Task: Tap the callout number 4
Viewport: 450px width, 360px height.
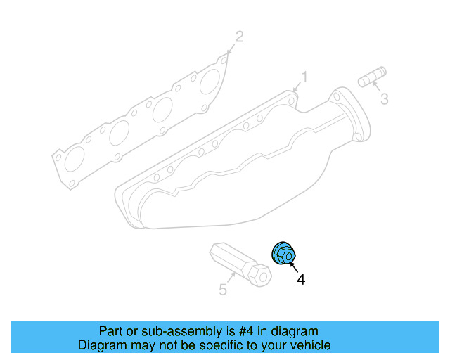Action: point(301,279)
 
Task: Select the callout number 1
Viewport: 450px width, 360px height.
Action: point(304,76)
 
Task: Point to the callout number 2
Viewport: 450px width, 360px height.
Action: point(239,37)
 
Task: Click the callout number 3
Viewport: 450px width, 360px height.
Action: point(384,99)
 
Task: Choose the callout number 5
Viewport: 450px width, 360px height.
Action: point(222,289)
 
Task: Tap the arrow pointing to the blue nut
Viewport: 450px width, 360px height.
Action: point(292,266)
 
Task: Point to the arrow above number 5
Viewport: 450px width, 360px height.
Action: point(229,278)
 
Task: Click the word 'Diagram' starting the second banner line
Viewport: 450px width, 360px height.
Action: point(101,345)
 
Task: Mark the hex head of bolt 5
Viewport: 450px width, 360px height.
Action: point(260,275)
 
